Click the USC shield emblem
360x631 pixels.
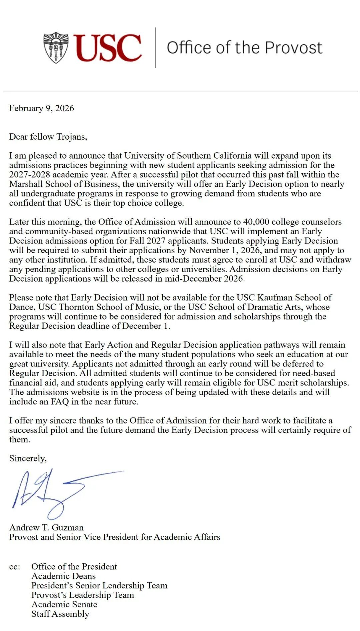click(x=56, y=48)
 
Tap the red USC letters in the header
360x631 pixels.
click(x=108, y=48)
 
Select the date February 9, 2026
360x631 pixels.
click(x=41, y=108)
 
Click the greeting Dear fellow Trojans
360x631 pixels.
click(x=48, y=137)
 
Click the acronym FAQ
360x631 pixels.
click(x=60, y=401)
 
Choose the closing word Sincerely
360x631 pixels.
click(x=28, y=458)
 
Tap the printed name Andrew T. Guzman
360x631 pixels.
click(x=46, y=527)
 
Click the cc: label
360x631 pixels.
click(x=15, y=567)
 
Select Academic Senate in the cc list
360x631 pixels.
click(x=64, y=604)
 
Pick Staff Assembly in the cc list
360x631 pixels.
click(x=60, y=614)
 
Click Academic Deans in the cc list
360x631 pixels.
click(x=63, y=576)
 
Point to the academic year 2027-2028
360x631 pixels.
click(x=30, y=175)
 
